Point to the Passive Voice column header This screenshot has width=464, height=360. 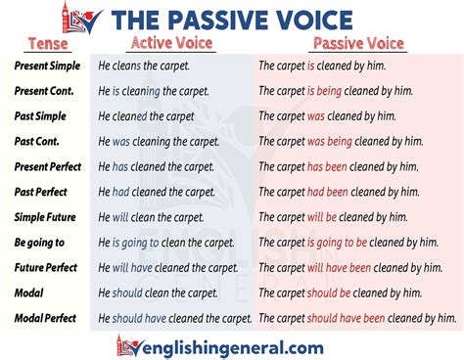(356, 44)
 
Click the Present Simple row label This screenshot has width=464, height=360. (47, 66)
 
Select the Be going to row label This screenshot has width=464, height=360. (39, 242)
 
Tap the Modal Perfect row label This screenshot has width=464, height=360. (46, 318)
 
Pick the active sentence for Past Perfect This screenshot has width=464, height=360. (157, 191)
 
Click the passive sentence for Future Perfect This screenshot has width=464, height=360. (358, 267)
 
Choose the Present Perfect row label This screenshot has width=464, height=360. (49, 166)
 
